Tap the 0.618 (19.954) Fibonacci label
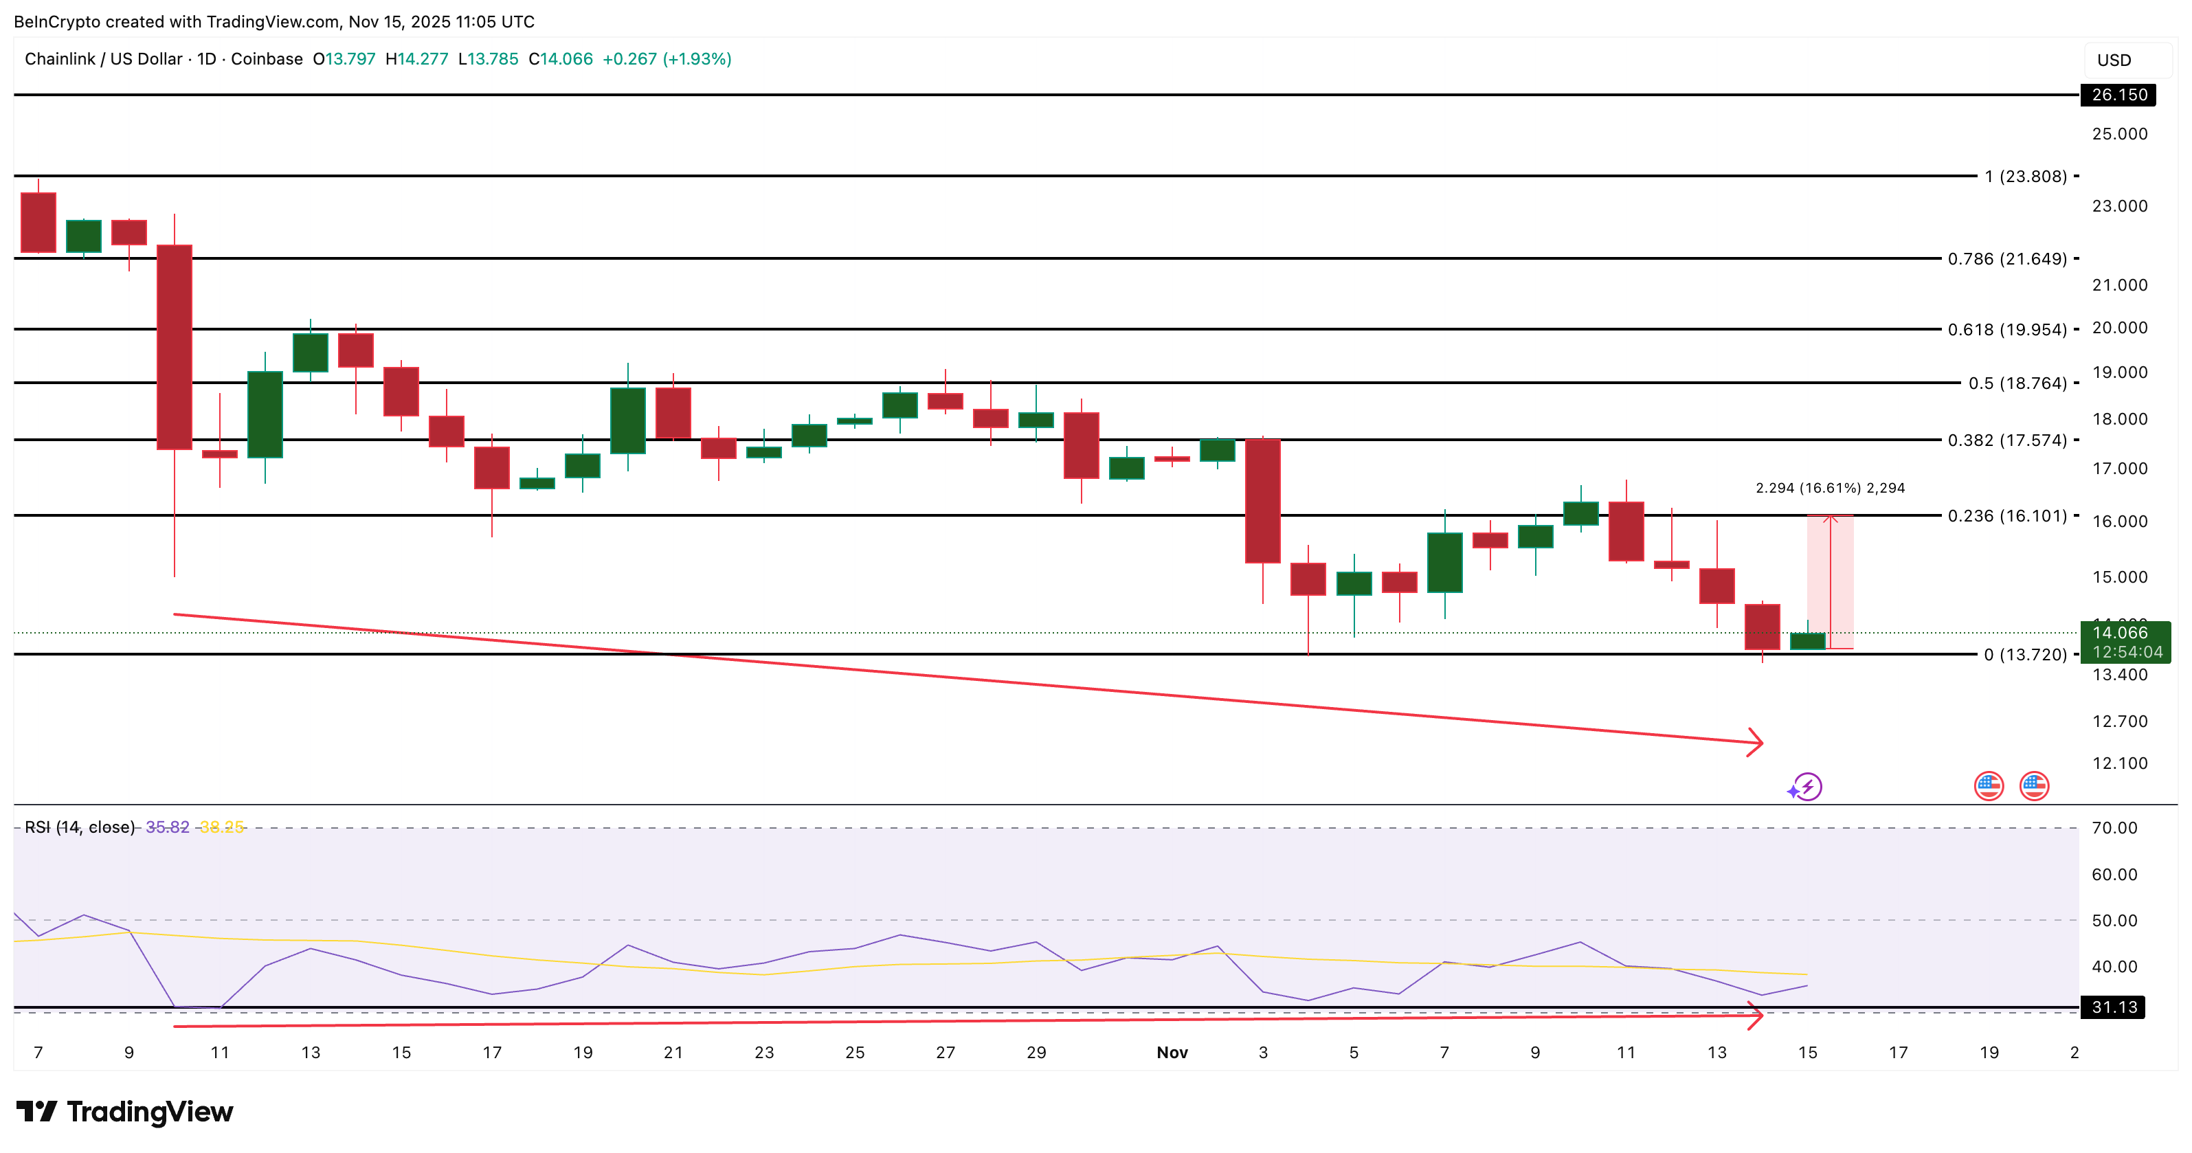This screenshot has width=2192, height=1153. (x=2006, y=329)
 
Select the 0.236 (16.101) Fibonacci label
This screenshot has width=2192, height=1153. (x=2006, y=515)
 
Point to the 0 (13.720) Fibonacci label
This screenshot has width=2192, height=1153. (x=2024, y=654)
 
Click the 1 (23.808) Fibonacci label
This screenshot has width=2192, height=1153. (x=2024, y=176)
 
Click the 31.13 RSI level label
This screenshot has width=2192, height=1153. (x=2114, y=1007)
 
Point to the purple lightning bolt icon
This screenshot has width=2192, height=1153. (x=1806, y=786)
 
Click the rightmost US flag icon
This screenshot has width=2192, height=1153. (x=2034, y=786)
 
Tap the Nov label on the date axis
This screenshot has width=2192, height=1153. (x=1172, y=1053)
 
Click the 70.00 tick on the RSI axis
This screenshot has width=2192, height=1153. (x=2114, y=827)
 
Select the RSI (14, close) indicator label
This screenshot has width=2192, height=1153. (x=80, y=827)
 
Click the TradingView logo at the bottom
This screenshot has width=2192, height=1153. (x=124, y=1111)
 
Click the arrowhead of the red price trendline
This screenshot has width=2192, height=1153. (x=1758, y=743)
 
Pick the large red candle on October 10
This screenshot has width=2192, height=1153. (x=175, y=346)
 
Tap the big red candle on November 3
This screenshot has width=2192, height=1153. (x=1263, y=500)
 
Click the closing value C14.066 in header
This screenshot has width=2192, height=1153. (x=561, y=58)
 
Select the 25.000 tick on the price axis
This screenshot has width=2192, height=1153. (x=2119, y=133)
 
